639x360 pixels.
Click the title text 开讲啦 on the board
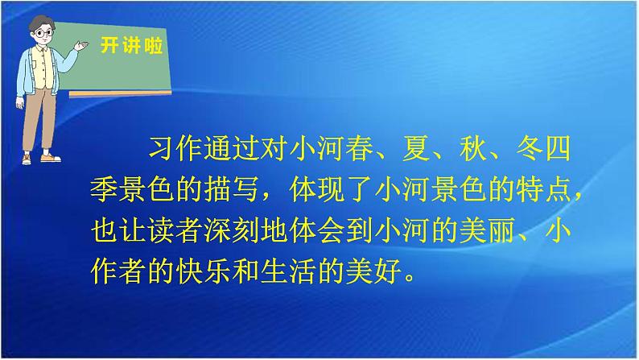click(131, 45)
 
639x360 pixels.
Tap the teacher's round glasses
click(43, 33)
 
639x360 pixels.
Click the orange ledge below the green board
click(120, 94)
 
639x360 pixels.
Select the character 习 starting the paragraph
click(162, 148)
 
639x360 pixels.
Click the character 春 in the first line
click(360, 148)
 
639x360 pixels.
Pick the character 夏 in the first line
click(416, 148)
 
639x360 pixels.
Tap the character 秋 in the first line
click(472, 148)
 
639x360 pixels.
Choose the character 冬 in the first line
click(530, 148)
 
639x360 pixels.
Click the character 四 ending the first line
click(558, 148)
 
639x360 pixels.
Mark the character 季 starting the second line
click(105, 189)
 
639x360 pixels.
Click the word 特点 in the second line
click(544, 189)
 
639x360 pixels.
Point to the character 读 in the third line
click(161, 231)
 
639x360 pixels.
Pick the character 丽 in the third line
click(501, 231)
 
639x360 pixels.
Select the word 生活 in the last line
click(288, 272)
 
